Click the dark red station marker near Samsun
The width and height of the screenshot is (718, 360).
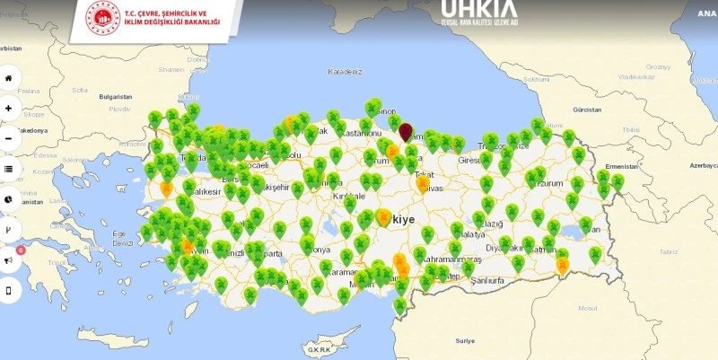point(406,131)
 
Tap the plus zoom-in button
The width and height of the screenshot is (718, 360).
point(9,108)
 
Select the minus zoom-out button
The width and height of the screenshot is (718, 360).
point(9,138)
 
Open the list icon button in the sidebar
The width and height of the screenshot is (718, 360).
point(9,169)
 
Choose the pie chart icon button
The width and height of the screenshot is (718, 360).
point(9,199)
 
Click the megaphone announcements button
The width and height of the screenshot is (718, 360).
point(9,260)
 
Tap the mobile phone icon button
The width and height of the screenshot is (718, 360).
point(9,291)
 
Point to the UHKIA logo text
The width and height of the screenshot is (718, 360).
point(478,11)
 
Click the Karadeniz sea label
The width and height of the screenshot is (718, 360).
point(345,71)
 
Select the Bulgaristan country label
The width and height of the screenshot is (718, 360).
point(116,96)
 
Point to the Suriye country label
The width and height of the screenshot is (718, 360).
point(464,341)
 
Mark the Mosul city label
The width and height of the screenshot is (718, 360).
point(587,308)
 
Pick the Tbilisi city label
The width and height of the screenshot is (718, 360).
point(631,129)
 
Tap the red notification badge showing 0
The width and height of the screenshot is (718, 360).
point(21,250)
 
